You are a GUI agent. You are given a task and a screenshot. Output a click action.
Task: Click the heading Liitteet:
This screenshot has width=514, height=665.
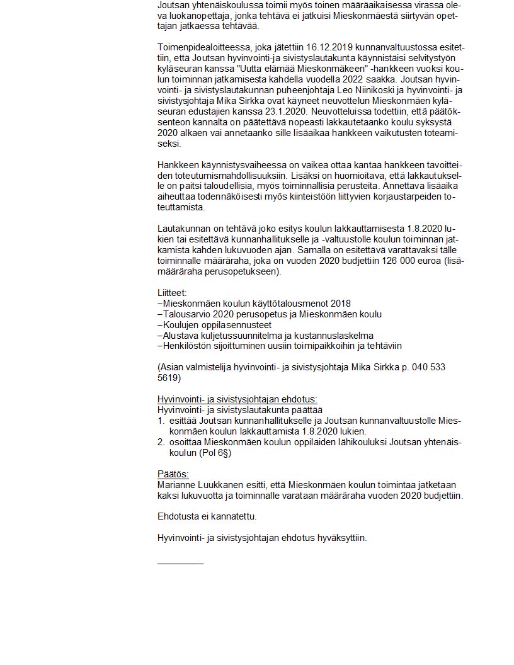click(x=172, y=293)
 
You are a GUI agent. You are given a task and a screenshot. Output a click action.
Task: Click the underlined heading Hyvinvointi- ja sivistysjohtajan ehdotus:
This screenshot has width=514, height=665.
click(x=237, y=399)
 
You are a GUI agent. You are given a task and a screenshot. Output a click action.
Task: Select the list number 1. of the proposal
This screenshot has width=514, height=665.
click(x=161, y=421)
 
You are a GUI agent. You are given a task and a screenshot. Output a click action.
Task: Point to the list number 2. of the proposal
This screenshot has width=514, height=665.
click(x=161, y=442)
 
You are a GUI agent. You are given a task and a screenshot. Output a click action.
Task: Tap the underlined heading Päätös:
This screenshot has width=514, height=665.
click(x=173, y=474)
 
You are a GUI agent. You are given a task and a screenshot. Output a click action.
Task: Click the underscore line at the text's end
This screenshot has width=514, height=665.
click(x=180, y=560)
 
